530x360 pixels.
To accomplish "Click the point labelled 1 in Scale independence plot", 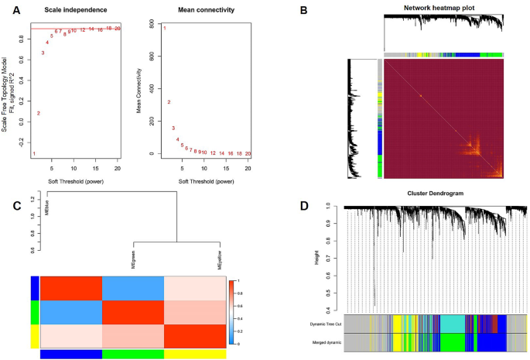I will coord(33,153).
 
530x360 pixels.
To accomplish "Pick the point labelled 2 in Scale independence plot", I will coord(38,113).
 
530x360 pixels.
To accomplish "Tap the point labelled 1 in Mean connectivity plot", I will coord(164,28).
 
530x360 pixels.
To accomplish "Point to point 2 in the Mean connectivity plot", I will coord(169,102).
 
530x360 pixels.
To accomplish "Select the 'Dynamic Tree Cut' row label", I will coord(326,324).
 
